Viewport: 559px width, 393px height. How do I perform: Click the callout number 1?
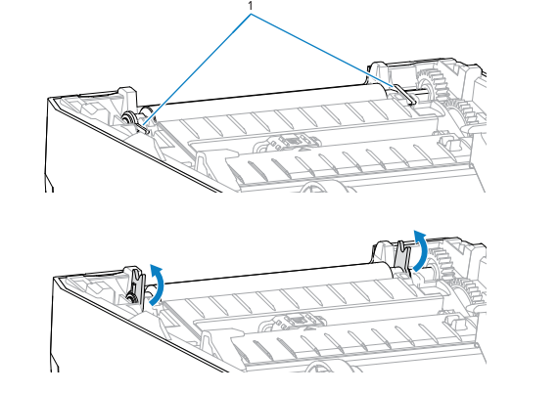[x=251, y=6]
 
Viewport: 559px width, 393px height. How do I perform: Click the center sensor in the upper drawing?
[x=293, y=142]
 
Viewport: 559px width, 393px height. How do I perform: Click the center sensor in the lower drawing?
[x=299, y=319]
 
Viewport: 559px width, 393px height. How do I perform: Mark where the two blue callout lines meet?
[x=251, y=15]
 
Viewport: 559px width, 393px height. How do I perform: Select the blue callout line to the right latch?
[x=323, y=51]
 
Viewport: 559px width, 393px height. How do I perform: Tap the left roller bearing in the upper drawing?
[x=127, y=117]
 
